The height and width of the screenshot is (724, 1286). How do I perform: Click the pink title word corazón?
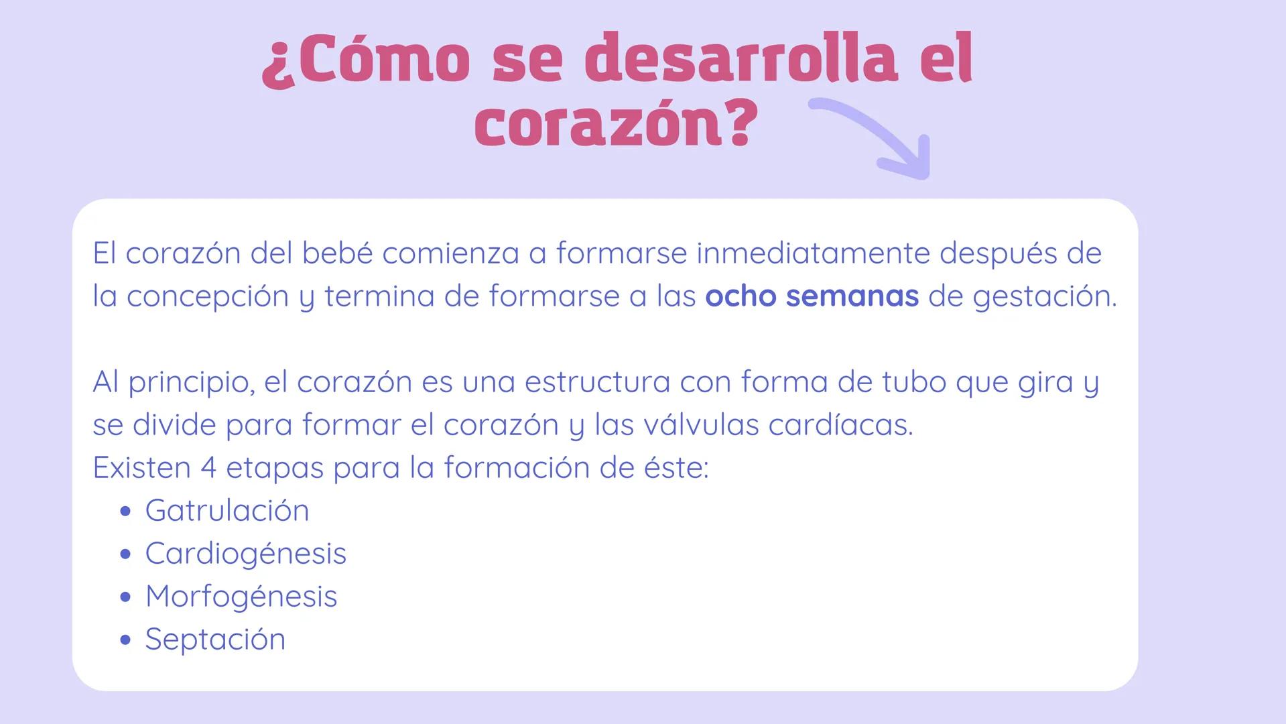(615, 125)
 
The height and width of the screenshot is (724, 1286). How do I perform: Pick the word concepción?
(207, 296)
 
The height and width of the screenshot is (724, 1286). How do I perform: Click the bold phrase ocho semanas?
(812, 296)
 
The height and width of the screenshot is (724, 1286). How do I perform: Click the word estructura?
(597, 382)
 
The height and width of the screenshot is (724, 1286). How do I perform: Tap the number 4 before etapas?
(208, 468)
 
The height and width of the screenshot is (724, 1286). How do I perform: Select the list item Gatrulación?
(227, 511)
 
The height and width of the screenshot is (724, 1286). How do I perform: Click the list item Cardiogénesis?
(246, 554)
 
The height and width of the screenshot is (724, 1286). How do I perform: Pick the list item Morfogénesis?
(241, 597)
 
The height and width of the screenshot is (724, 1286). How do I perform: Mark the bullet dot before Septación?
(125, 640)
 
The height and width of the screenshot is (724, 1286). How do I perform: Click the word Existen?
(141, 468)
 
